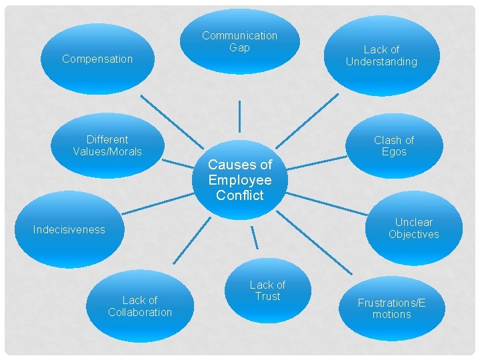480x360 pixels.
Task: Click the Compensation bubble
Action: coord(97,59)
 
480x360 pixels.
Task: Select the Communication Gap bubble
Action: coord(239,41)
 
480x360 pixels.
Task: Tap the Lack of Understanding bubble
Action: coord(381,56)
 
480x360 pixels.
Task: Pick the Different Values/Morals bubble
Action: coord(107,145)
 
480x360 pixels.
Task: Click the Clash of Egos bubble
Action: coord(393,146)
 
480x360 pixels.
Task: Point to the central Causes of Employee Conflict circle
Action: coord(240,179)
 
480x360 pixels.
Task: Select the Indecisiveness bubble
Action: coord(69,229)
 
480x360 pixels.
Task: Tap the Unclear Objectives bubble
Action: coord(413,228)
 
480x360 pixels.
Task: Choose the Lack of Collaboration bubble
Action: coord(140,306)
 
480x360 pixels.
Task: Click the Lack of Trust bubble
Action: coord(267,291)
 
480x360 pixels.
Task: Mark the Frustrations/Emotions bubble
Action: coord(391,308)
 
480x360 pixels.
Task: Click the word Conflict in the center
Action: coord(240,195)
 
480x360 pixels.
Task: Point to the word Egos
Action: coord(394,152)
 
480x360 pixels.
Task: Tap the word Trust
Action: coord(267,297)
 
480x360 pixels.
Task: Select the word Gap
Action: coord(239,47)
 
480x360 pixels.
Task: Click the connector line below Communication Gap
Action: coord(239,117)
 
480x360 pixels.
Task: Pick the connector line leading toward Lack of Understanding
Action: coord(307,119)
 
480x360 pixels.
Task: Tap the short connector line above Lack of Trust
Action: coord(255,239)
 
